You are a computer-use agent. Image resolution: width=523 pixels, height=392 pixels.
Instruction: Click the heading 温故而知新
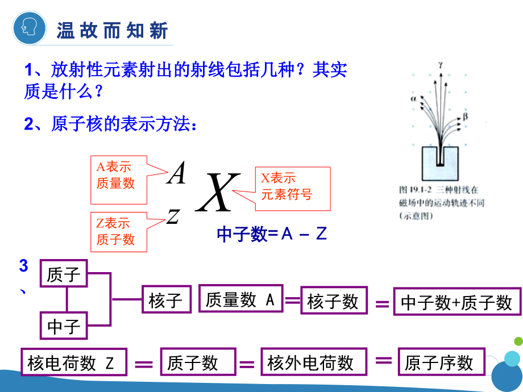pyautogui.click(x=112, y=30)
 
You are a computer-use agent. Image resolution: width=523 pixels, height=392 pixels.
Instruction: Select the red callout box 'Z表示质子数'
pyautogui.click(x=118, y=232)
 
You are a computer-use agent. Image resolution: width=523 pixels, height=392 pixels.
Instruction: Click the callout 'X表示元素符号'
pyautogui.click(x=292, y=186)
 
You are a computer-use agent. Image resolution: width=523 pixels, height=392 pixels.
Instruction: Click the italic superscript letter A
pyautogui.click(x=177, y=173)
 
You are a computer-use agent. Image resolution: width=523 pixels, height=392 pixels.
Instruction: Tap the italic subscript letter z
pyautogui.click(x=173, y=215)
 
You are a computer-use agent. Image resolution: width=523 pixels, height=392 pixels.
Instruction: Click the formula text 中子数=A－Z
pyautogui.click(x=272, y=234)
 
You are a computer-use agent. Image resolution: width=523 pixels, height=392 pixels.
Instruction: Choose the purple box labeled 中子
pyautogui.click(x=64, y=327)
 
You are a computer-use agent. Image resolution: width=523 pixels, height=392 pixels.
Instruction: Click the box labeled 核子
pyautogui.click(x=166, y=300)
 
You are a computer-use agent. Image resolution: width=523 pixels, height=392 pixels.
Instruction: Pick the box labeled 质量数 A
pyautogui.click(x=240, y=299)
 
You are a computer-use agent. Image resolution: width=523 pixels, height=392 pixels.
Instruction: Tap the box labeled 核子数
pyautogui.click(x=333, y=301)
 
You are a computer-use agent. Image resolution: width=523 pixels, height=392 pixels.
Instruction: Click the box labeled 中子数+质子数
pyautogui.click(x=457, y=302)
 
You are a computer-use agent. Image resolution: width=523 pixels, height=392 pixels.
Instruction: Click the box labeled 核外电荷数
pyautogui.click(x=310, y=362)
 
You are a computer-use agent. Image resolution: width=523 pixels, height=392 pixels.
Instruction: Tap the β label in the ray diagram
pyautogui.click(x=465, y=116)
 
